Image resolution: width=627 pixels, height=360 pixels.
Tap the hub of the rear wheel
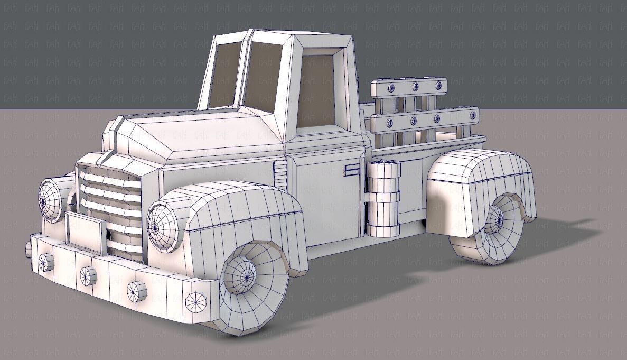click(496, 219)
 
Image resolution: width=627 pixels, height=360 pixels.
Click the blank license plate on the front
click(85, 231)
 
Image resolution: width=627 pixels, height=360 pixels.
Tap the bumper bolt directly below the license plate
click(88, 275)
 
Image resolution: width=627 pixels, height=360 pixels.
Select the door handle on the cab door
click(351, 170)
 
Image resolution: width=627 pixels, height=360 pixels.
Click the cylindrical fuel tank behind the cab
click(383, 198)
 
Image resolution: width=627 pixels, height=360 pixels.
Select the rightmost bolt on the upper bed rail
click(438, 86)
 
